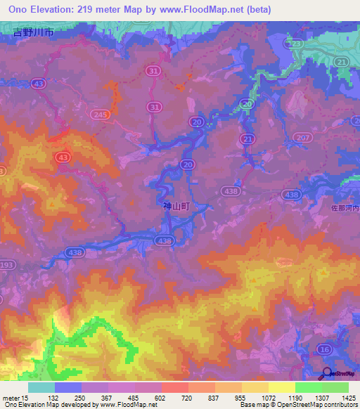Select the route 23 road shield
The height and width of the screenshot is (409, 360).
tap(296, 44)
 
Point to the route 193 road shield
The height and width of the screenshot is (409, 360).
tap(7, 265)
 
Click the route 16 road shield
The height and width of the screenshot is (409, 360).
tap(323, 349)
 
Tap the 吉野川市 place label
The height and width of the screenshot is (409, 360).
tap(33, 32)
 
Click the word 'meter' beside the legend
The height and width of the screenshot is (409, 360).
tap(10, 398)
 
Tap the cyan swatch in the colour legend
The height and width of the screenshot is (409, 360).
tap(41, 387)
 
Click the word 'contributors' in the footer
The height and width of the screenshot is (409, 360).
tap(340, 405)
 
